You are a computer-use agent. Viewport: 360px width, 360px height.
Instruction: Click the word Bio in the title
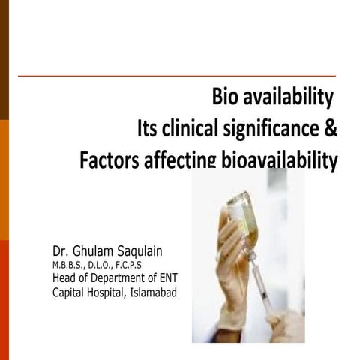click(226, 97)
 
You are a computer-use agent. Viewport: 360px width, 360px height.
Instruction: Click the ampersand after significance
click(331, 129)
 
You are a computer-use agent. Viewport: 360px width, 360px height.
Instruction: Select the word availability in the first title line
click(288, 97)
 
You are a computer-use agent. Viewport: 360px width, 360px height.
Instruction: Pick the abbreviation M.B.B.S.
click(68, 265)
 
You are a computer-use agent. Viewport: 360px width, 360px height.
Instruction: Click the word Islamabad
click(153, 292)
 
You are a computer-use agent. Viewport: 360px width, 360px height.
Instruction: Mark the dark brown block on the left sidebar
click(4, 60)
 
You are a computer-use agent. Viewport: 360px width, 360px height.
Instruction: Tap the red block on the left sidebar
click(4, 300)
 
